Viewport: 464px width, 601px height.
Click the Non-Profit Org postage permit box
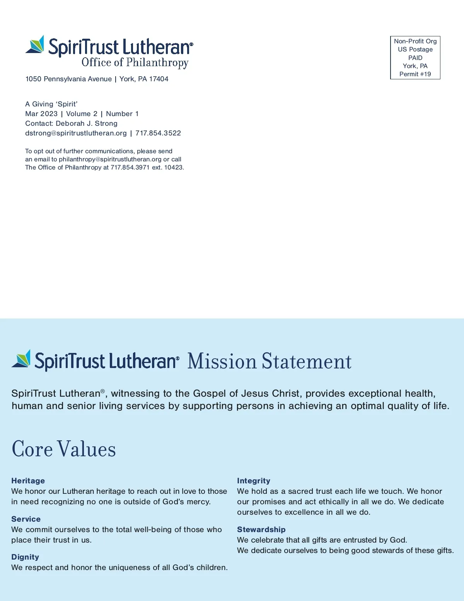click(415, 58)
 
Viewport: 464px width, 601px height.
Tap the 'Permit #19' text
click(415, 74)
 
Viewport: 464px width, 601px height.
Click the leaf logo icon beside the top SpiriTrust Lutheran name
click(35, 45)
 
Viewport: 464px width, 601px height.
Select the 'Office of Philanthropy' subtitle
click(135, 63)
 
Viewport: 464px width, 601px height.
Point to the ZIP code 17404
click(159, 79)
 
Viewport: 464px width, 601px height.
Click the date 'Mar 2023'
click(41, 114)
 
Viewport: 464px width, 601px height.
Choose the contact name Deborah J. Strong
click(87, 123)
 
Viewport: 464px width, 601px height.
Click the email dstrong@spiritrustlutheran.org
click(76, 133)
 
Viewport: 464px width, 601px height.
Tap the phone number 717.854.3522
click(158, 133)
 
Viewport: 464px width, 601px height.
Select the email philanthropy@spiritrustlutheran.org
click(110, 159)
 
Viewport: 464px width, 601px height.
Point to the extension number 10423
click(174, 168)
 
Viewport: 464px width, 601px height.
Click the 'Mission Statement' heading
click(270, 361)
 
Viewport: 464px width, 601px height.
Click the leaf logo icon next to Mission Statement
click(21, 359)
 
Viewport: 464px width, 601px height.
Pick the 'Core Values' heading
click(64, 449)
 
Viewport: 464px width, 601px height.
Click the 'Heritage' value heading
click(28, 481)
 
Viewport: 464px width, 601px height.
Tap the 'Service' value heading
click(26, 519)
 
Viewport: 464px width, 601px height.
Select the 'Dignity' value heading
click(25, 557)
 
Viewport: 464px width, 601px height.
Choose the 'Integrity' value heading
click(254, 481)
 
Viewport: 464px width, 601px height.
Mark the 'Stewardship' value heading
click(261, 529)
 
